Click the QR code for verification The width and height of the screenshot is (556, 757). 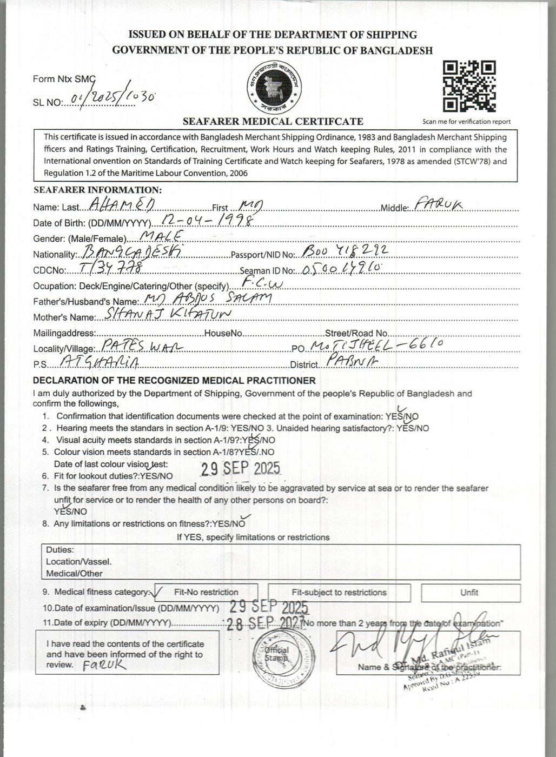469,87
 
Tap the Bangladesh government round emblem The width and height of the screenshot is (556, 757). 274,87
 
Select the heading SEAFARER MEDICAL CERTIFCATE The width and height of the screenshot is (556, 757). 273,121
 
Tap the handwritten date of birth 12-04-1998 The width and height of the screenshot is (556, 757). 208,220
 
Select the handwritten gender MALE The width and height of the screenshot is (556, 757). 162,236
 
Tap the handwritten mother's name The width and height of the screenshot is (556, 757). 168,314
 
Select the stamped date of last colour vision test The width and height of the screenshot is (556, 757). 240,468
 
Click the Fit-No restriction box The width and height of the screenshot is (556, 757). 206,592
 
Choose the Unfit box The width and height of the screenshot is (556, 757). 469,593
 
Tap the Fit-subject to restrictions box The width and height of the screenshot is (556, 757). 339,593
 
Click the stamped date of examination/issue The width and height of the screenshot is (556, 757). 269,607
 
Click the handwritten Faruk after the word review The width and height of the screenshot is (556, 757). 105,666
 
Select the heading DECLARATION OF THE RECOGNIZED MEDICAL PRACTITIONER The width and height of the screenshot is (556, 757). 174,381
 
